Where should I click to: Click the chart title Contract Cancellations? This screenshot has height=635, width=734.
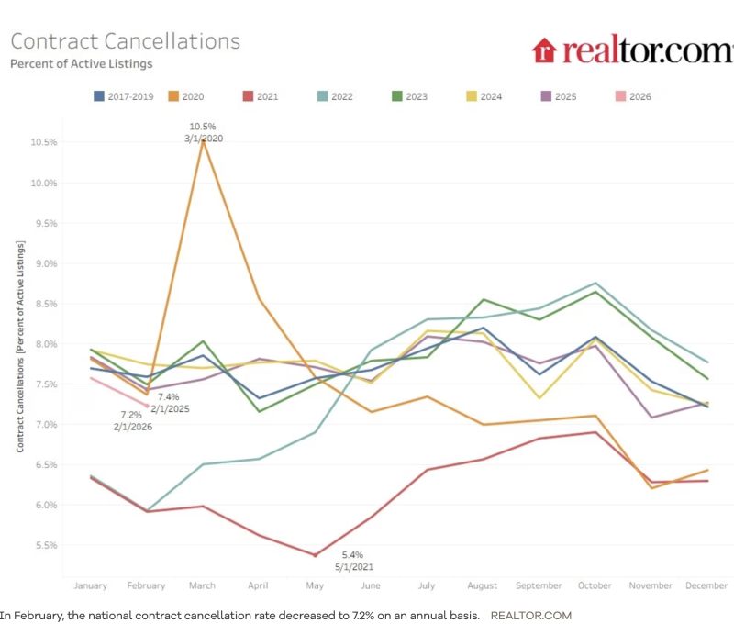coord(126,41)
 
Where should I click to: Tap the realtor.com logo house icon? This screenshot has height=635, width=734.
coord(544,50)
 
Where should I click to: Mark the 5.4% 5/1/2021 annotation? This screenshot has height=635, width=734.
coord(353,561)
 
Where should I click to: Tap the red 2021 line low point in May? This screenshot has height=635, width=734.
coord(315,555)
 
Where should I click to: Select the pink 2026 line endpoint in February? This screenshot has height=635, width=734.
coord(147,406)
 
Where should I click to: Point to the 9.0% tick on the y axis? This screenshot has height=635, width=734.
coord(44,263)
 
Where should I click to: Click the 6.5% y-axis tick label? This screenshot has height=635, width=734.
coord(44,465)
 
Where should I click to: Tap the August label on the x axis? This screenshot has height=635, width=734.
coord(482,585)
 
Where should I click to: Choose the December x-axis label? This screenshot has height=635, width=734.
coord(706,585)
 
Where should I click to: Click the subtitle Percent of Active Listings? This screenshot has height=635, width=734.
coord(81,64)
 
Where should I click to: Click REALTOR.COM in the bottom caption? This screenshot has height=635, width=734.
coord(531,615)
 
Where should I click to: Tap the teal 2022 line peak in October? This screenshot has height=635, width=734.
coord(595,283)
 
